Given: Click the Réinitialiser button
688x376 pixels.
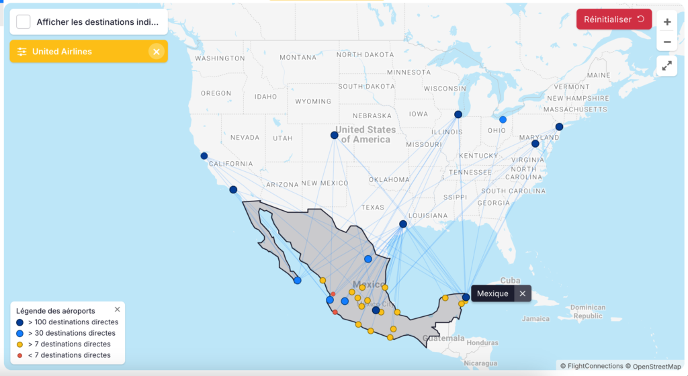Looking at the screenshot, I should [x=613, y=19].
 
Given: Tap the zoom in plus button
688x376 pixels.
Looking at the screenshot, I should [x=667, y=21].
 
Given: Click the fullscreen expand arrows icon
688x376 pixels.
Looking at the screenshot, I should [x=667, y=66].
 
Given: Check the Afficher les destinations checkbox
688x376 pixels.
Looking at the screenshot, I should [x=24, y=21].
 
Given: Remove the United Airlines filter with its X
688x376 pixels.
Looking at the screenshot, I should [x=156, y=52].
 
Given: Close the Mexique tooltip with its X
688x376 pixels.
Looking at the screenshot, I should [x=523, y=293].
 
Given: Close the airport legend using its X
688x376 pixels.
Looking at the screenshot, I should [x=118, y=310].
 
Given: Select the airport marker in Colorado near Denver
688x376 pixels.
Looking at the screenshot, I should [x=335, y=135].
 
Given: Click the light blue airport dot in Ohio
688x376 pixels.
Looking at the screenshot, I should [x=503, y=120].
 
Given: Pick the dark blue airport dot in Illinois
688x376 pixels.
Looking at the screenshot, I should [x=458, y=114].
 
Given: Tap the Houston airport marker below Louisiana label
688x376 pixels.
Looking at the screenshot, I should [x=403, y=224].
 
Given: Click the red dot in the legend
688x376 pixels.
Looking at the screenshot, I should [x=19, y=355].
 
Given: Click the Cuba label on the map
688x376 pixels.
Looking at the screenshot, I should [x=511, y=281].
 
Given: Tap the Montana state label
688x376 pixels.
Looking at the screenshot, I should [x=298, y=57].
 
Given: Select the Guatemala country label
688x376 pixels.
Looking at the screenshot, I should [x=443, y=338].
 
